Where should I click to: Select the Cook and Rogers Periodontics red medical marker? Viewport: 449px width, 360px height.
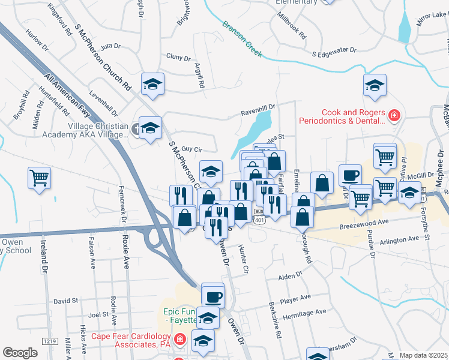(x=394, y=116)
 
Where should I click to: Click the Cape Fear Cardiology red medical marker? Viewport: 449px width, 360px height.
(x=179, y=341)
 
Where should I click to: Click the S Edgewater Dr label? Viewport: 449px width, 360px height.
(x=334, y=53)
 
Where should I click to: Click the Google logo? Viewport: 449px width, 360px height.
(x=20, y=352)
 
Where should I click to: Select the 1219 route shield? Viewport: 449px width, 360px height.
(x=50, y=341)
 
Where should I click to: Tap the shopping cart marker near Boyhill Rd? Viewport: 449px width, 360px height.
(x=40, y=176)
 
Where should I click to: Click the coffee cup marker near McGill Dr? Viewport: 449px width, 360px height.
(x=350, y=175)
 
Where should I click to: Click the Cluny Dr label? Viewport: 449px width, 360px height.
(x=178, y=58)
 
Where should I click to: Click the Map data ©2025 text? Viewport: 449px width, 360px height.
(x=423, y=355)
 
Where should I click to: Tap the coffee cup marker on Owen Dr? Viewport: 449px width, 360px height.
(x=213, y=295)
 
